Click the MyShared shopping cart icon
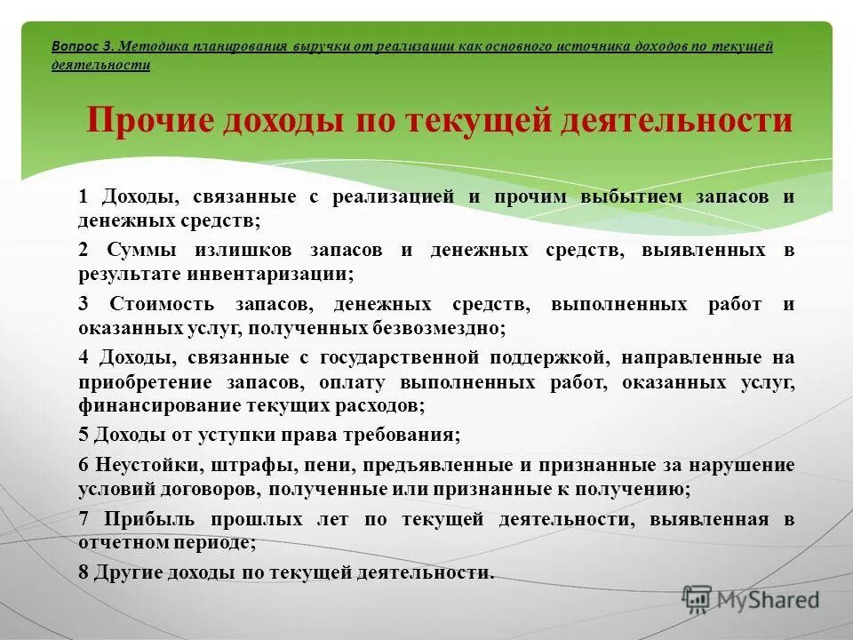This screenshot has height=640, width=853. point(698,599)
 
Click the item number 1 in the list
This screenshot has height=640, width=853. point(84,197)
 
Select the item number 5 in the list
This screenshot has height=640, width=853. point(84,436)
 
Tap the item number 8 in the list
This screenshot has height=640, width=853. point(84,573)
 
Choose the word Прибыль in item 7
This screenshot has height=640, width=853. point(148,520)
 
